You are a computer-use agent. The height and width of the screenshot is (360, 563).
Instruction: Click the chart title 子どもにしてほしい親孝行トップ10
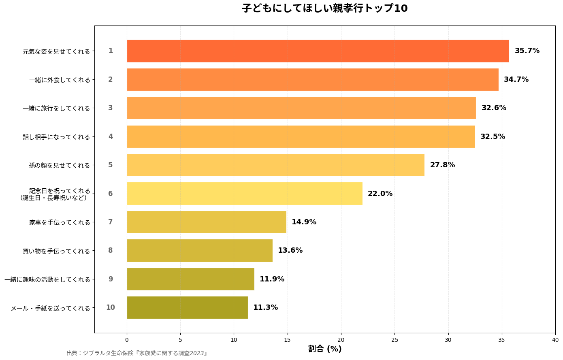click(x=325, y=8)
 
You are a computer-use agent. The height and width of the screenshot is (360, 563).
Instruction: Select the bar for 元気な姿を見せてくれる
click(x=318, y=51)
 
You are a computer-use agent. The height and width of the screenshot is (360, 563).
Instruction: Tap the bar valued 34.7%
click(x=313, y=79)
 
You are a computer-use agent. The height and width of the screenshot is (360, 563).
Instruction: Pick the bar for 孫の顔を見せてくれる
click(x=275, y=165)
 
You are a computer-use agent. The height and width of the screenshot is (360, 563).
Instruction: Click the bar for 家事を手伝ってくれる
click(x=207, y=222)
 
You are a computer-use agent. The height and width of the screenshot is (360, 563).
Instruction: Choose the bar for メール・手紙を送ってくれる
click(x=187, y=307)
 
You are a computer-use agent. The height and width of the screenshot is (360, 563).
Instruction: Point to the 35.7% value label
click(x=527, y=51)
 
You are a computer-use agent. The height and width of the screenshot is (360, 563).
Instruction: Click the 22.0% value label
click(x=380, y=194)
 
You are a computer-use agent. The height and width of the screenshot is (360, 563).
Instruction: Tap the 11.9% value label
click(x=272, y=279)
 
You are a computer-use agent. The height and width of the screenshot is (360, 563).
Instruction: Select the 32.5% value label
click(x=493, y=136)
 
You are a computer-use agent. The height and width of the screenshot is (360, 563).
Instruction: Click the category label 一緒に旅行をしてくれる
click(x=56, y=108)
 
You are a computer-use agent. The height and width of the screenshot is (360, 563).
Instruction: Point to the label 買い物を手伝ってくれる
click(x=56, y=251)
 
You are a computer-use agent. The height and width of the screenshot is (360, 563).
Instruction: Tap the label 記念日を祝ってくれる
click(x=60, y=191)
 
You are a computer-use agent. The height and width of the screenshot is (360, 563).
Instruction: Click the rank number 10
click(x=111, y=307)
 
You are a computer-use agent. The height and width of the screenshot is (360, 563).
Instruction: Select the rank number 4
click(x=111, y=136)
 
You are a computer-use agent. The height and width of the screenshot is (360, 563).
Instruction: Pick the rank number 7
click(x=111, y=222)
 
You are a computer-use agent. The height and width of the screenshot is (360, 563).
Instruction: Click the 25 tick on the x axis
click(x=395, y=340)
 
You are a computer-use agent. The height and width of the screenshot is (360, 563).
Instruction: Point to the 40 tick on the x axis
click(x=555, y=340)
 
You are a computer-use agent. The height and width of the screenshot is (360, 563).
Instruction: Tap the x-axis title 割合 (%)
click(x=325, y=349)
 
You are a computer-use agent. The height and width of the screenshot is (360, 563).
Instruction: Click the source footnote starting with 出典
click(x=137, y=353)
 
